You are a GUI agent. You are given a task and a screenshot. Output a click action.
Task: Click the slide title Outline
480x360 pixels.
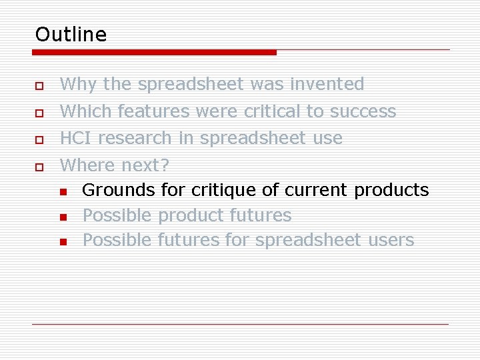pyautogui.click(x=71, y=34)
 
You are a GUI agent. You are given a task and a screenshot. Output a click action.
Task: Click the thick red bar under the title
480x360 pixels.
pyautogui.click(x=155, y=52)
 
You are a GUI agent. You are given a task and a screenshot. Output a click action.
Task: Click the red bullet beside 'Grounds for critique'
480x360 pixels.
pyautogui.click(x=63, y=193)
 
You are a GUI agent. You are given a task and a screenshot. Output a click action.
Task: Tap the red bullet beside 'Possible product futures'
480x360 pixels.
pyautogui.click(x=63, y=217)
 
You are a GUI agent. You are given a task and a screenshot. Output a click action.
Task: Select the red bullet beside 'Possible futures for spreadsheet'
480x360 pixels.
pyautogui.click(x=63, y=242)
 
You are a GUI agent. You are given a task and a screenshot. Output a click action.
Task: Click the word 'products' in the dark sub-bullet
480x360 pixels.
pyautogui.click(x=391, y=190)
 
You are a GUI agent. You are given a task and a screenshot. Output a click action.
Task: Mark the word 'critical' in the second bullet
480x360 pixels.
pyautogui.click(x=272, y=111)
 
